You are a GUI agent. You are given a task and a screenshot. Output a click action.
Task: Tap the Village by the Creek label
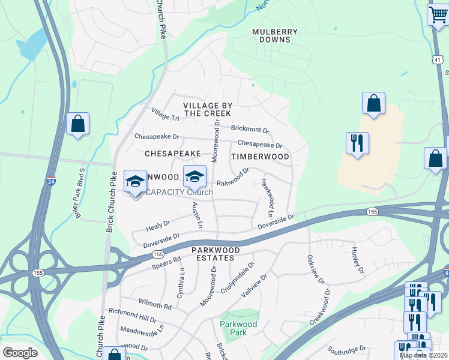pos(208,109)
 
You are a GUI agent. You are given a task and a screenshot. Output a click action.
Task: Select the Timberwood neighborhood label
pos(261,157)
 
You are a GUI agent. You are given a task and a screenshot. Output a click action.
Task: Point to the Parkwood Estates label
pos(216,254)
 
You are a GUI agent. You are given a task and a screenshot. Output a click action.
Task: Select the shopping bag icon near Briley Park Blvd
pos(77,124)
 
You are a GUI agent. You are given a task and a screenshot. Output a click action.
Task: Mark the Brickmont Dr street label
pos(250,129)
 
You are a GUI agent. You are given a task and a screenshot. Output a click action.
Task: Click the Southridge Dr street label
pos(348,349)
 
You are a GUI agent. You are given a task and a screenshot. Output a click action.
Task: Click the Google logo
pos(20,353)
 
